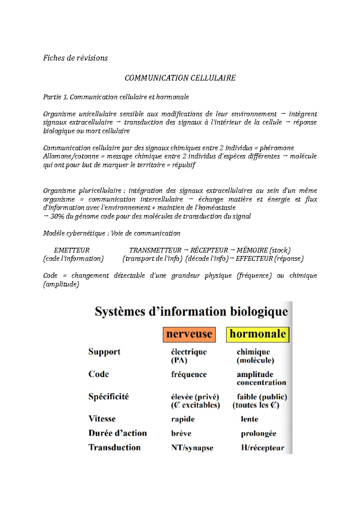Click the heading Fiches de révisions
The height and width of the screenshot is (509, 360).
point(75,58)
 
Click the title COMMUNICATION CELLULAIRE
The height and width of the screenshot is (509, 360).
point(180,78)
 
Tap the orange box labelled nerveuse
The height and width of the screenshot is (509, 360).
point(189,334)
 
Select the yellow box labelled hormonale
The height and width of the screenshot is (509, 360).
point(258,334)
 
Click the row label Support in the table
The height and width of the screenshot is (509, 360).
point(104,352)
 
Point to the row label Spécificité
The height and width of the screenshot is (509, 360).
point(109,397)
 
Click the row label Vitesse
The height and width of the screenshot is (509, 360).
point(102,419)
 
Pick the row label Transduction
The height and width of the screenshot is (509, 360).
point(115,448)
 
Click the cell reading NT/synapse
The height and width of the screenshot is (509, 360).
point(192,448)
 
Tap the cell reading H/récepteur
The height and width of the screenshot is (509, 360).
point(262,448)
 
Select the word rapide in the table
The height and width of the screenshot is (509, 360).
point(183,419)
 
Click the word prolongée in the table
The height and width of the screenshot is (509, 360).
point(259,433)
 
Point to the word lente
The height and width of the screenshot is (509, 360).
point(250,419)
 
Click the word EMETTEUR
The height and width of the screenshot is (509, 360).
point(72,250)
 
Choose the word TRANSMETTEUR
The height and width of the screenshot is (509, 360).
point(155,250)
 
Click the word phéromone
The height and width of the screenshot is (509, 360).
point(277,148)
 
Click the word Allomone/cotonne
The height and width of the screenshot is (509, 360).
point(71,156)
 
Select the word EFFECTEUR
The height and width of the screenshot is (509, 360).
point(254,259)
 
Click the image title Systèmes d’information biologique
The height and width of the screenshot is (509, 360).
point(191,312)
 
